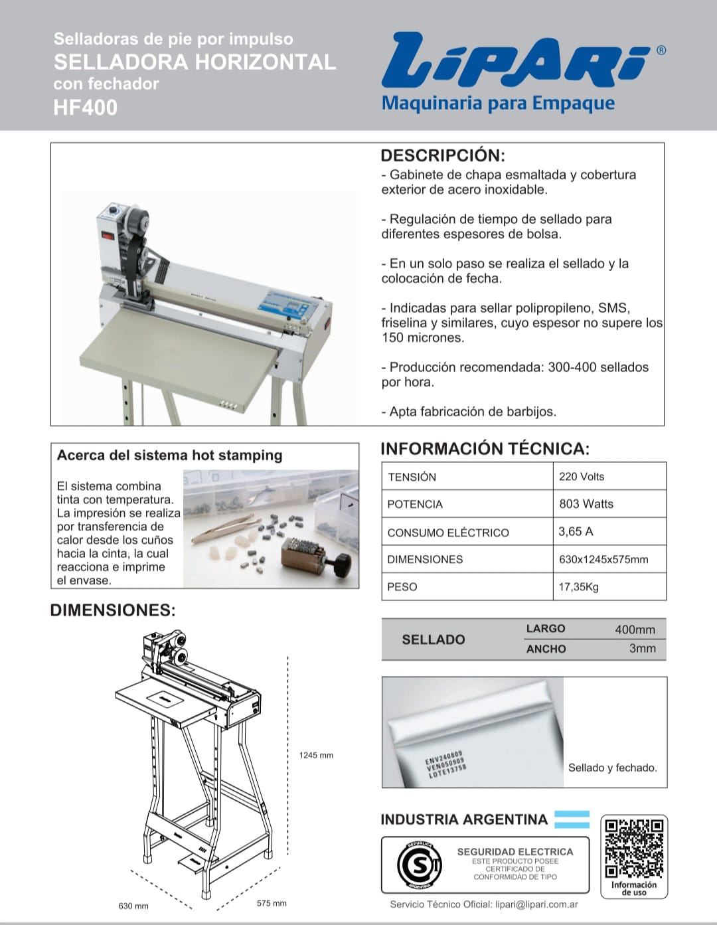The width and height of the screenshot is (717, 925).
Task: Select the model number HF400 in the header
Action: (86, 108)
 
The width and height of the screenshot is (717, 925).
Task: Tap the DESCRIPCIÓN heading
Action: (443, 156)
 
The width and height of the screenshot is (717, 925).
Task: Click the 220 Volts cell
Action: (582, 476)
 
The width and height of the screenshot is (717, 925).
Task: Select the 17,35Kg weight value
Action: (578, 587)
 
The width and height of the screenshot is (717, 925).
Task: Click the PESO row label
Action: (402, 587)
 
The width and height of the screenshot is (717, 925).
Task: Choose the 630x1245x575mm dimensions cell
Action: (603, 559)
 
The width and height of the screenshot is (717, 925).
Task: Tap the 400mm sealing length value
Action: (635, 630)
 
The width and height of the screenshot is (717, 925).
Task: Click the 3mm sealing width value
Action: (642, 649)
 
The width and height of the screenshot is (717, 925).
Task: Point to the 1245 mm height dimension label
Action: (316, 755)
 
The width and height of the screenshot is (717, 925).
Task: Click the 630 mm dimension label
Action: (133, 906)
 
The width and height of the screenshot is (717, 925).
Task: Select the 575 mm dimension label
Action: (272, 903)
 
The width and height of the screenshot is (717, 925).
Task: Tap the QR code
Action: (634, 848)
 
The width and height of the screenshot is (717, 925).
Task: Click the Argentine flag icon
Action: (572, 819)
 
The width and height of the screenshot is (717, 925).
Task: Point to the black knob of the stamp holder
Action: (342, 564)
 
